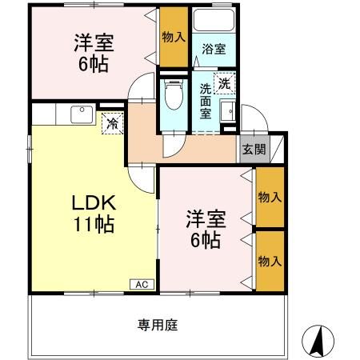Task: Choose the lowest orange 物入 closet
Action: tap(269, 261)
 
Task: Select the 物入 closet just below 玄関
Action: tap(269, 197)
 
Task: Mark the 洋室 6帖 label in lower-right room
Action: tap(205, 228)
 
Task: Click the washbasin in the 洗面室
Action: tap(226, 112)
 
